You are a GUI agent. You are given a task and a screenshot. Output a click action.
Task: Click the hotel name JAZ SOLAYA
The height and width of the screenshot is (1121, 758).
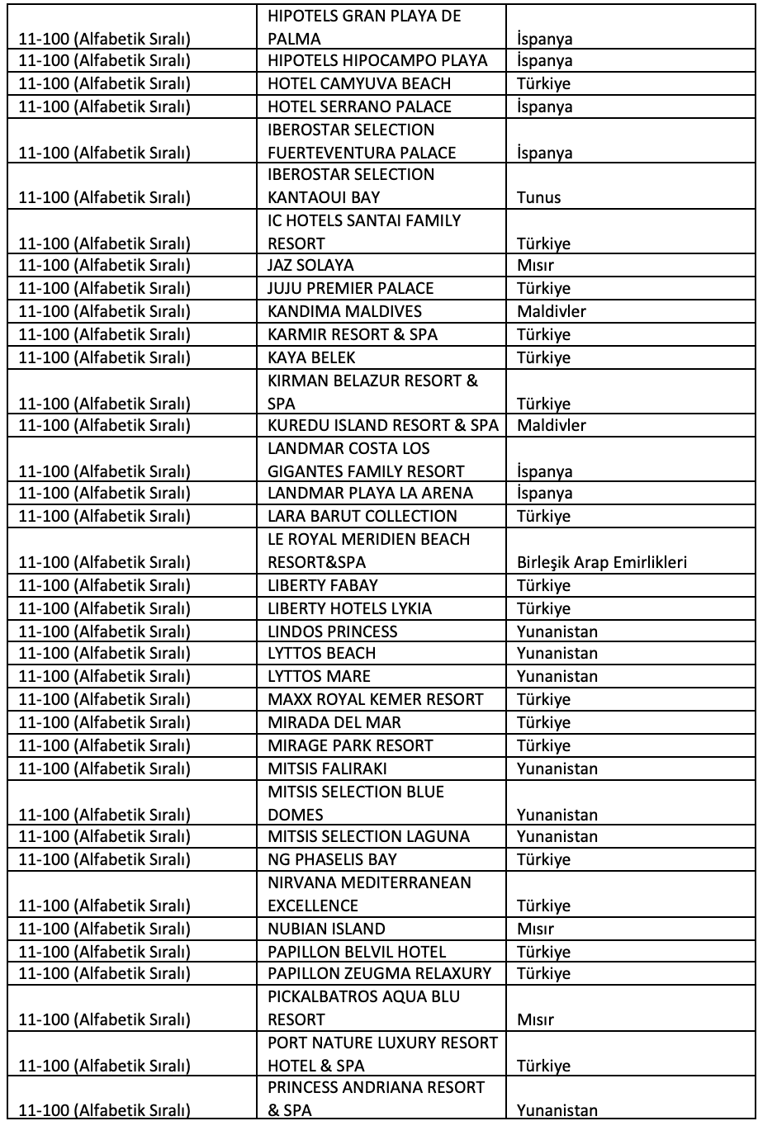tap(310, 266)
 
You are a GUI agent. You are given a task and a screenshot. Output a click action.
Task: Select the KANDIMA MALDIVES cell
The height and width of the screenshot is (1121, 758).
tap(345, 312)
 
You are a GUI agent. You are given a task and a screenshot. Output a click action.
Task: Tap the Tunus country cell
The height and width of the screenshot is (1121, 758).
tap(538, 197)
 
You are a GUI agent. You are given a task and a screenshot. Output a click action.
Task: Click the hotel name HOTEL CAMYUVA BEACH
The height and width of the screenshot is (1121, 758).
tap(359, 84)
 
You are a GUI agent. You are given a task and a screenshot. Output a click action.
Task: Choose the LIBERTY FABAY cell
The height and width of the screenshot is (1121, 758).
tap(323, 586)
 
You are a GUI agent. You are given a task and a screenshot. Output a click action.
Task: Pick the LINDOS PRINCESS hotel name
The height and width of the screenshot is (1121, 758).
tap(333, 631)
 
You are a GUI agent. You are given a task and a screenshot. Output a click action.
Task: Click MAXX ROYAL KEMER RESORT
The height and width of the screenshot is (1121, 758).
tap(376, 699)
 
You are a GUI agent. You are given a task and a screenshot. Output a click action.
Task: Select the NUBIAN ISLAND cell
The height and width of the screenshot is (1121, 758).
tap(326, 929)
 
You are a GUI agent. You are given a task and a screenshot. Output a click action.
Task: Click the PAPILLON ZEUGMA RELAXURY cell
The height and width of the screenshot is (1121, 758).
tap(380, 974)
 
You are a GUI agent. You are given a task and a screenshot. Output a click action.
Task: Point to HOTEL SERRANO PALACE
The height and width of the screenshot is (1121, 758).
tap(360, 107)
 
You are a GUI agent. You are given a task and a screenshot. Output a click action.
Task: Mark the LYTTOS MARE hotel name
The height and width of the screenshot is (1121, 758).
tap(320, 677)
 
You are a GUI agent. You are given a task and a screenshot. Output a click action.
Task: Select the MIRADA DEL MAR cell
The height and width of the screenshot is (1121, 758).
tap(334, 722)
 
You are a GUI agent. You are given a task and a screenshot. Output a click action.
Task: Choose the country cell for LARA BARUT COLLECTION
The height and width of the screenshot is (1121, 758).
tap(543, 517)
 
